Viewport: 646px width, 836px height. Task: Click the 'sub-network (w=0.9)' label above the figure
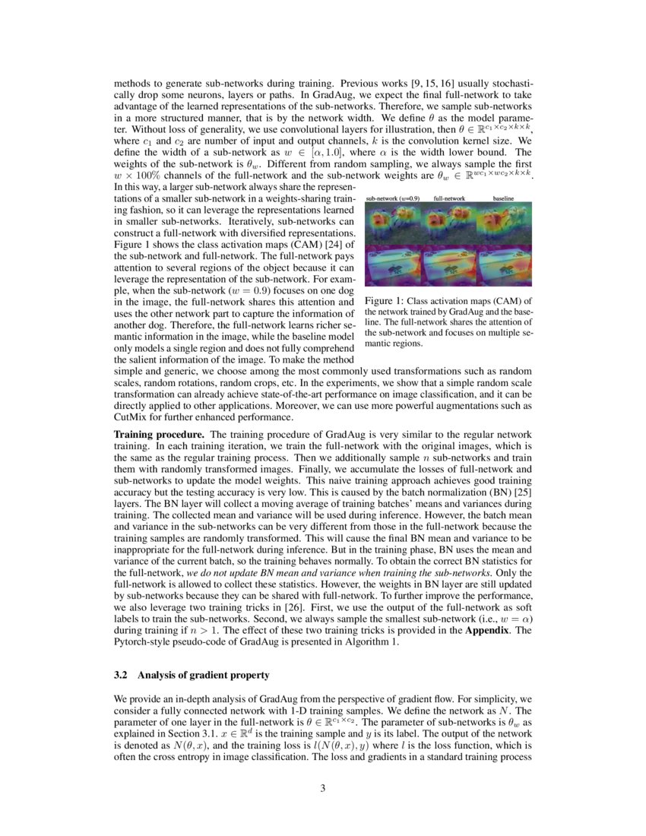click(392, 198)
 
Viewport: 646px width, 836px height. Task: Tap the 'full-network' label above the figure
click(449, 198)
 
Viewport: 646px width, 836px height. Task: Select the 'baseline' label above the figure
click(504, 198)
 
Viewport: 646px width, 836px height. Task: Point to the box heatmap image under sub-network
click(393, 265)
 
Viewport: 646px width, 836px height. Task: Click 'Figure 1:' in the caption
click(382, 301)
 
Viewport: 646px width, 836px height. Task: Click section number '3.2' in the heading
click(120, 674)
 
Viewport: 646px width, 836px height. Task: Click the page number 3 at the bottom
click(323, 788)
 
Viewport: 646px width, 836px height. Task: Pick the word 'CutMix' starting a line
click(129, 417)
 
